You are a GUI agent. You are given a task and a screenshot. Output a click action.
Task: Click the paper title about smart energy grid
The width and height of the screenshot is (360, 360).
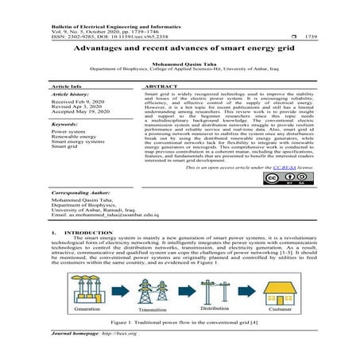click(x=180, y=48)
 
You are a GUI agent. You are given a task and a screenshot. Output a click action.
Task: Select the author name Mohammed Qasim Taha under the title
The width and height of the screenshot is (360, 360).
click(x=180, y=62)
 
